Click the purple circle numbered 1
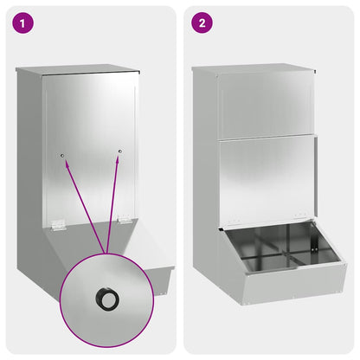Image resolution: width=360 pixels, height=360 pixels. [24, 23]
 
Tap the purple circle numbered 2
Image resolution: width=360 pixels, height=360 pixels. [202, 23]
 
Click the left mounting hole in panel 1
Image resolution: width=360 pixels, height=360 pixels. [62, 156]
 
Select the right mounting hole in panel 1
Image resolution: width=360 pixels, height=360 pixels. [119, 151]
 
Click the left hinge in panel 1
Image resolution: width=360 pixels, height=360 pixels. [56, 224]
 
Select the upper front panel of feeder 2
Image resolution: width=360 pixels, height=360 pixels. [266, 104]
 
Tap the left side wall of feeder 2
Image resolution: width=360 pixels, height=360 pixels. [206, 173]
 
